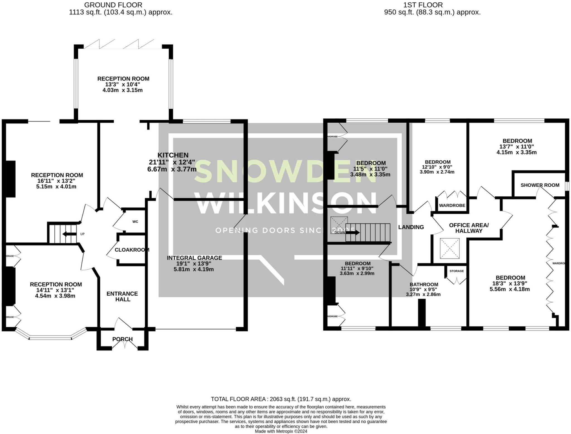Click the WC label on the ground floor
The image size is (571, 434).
click(x=135, y=222)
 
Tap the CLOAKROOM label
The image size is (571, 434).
click(x=132, y=250)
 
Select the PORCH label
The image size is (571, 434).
click(x=122, y=339)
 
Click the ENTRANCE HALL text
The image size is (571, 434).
click(x=122, y=296)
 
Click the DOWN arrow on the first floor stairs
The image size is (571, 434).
click(x=353, y=232)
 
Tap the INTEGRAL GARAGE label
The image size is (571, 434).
click(x=194, y=258)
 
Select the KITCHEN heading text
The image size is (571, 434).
click(x=173, y=155)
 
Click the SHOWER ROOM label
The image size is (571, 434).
click(x=540, y=185)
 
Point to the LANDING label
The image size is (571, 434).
click(x=411, y=227)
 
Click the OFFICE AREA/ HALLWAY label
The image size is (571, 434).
click(x=469, y=228)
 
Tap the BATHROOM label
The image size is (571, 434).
click(x=424, y=284)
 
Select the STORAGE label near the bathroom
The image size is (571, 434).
click(x=457, y=271)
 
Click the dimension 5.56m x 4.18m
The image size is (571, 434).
click(x=510, y=289)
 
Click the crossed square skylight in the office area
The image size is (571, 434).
click(x=449, y=248)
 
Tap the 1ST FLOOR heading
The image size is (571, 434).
click(x=423, y=5)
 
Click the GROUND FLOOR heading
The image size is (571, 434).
click(x=113, y=5)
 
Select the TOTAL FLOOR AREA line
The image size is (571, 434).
click(x=281, y=399)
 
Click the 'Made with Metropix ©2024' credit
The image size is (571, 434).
click(x=281, y=431)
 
